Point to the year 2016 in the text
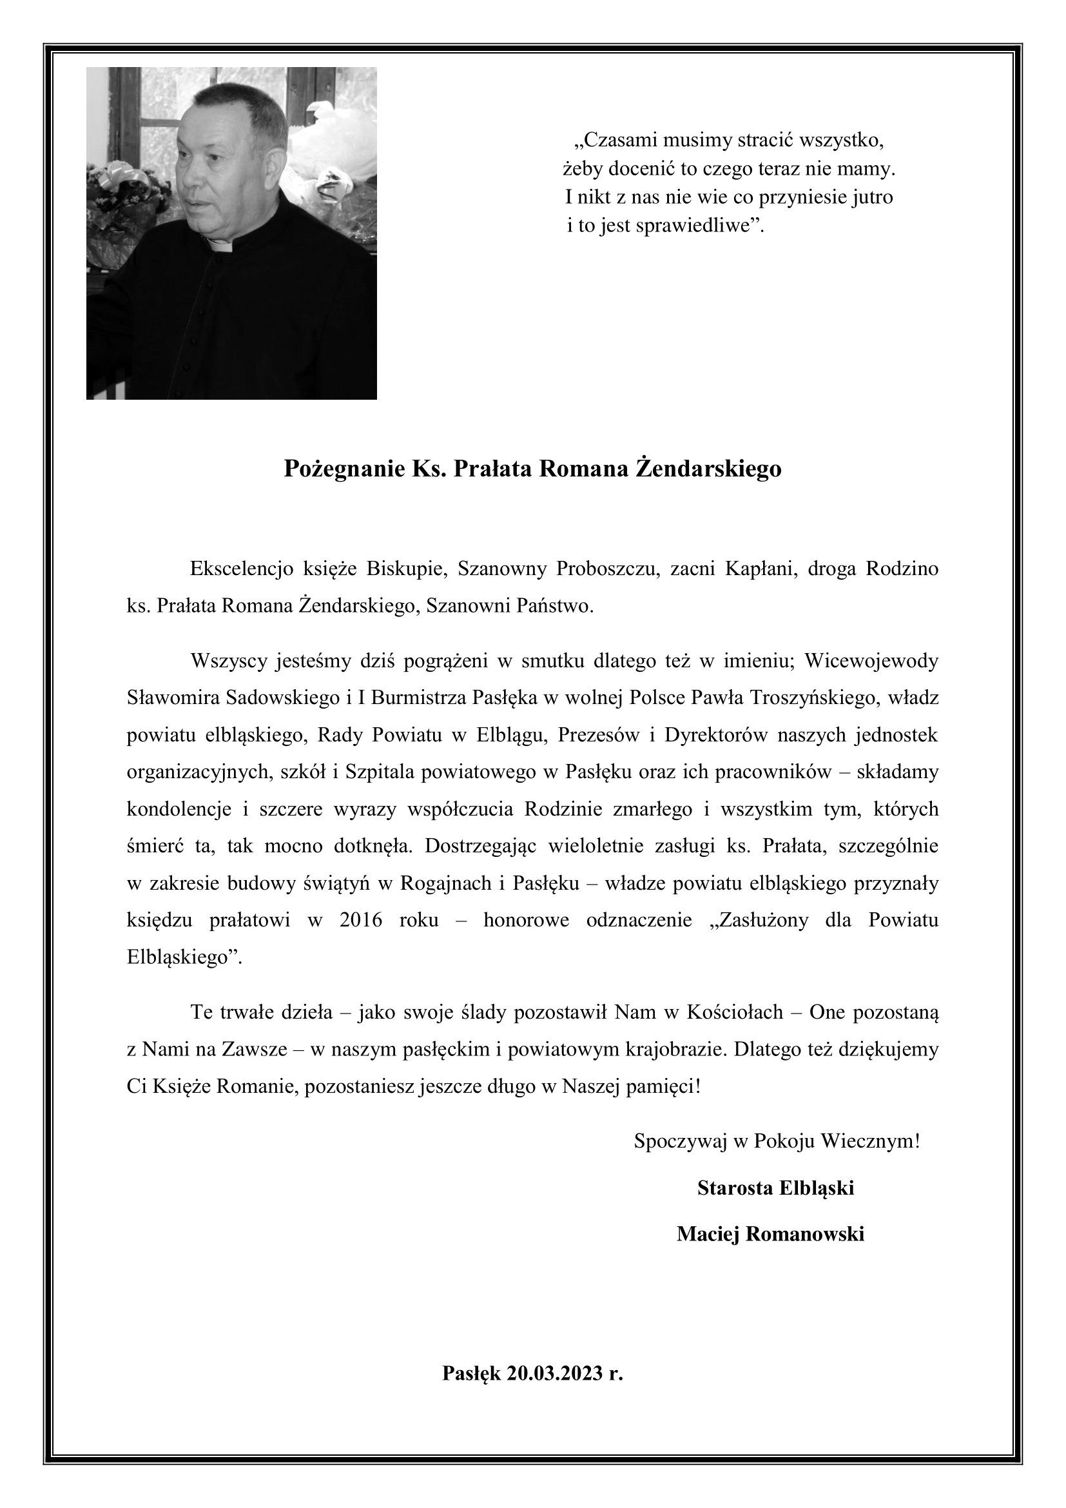tap(361, 920)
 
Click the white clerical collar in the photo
tap(218, 246)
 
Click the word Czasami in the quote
tap(615, 140)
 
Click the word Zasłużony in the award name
tap(762, 920)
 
